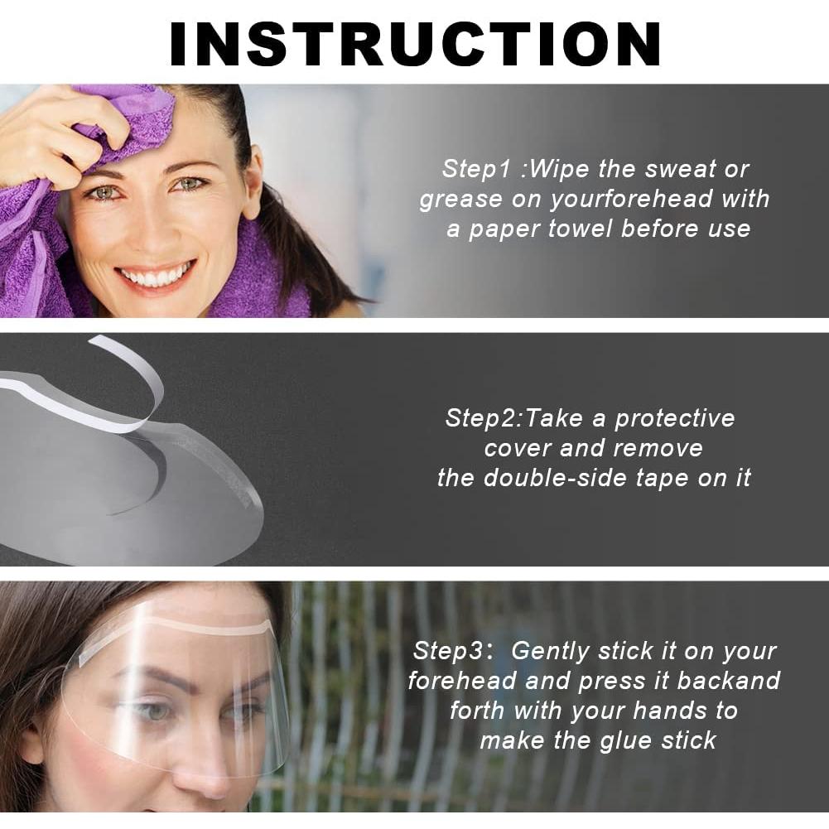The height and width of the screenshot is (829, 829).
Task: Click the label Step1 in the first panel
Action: pyautogui.click(x=478, y=169)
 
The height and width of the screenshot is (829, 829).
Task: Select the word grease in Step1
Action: pyautogui.click(x=460, y=200)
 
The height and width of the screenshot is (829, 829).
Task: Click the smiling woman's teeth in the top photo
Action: pyautogui.click(x=157, y=277)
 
